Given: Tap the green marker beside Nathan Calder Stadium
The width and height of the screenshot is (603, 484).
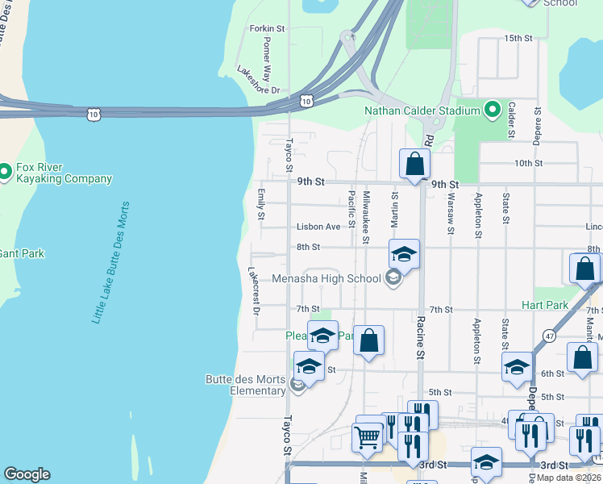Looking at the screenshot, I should (493, 111).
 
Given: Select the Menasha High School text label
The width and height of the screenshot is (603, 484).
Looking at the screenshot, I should (326, 279).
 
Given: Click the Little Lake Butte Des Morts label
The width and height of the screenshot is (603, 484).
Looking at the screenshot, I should (110, 262).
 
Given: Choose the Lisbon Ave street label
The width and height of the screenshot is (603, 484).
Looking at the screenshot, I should (318, 227).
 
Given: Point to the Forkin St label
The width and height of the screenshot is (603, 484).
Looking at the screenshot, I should (268, 28).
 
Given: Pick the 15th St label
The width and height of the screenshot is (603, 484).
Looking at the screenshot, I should (518, 38).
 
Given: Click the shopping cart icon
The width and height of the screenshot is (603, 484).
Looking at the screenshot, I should (368, 436).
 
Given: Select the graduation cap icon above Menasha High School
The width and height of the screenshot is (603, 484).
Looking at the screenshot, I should (404, 255).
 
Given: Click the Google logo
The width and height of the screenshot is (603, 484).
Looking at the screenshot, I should (27, 474).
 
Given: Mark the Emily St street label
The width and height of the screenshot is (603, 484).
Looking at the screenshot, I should (260, 204).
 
